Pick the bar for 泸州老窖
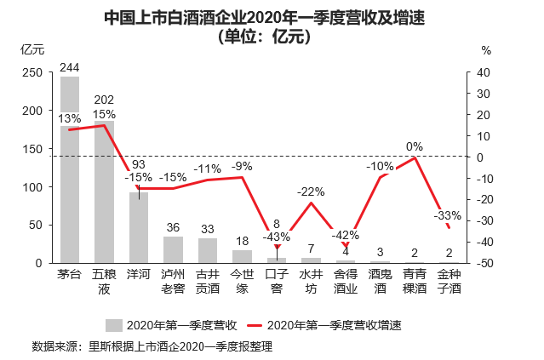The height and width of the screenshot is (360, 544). tap(173, 249)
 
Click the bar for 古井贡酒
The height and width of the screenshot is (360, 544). tap(208, 250)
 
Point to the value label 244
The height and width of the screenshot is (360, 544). tap(70, 68)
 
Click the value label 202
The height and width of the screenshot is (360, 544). tap(104, 100)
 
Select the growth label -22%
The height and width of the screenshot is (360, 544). tap(312, 191)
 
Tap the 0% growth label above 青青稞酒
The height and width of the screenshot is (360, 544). tap(415, 146)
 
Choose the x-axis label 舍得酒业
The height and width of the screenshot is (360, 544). tap(346, 282)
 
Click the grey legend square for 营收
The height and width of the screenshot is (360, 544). tap(114, 324)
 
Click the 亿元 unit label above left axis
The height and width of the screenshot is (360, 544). tap(31, 49)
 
